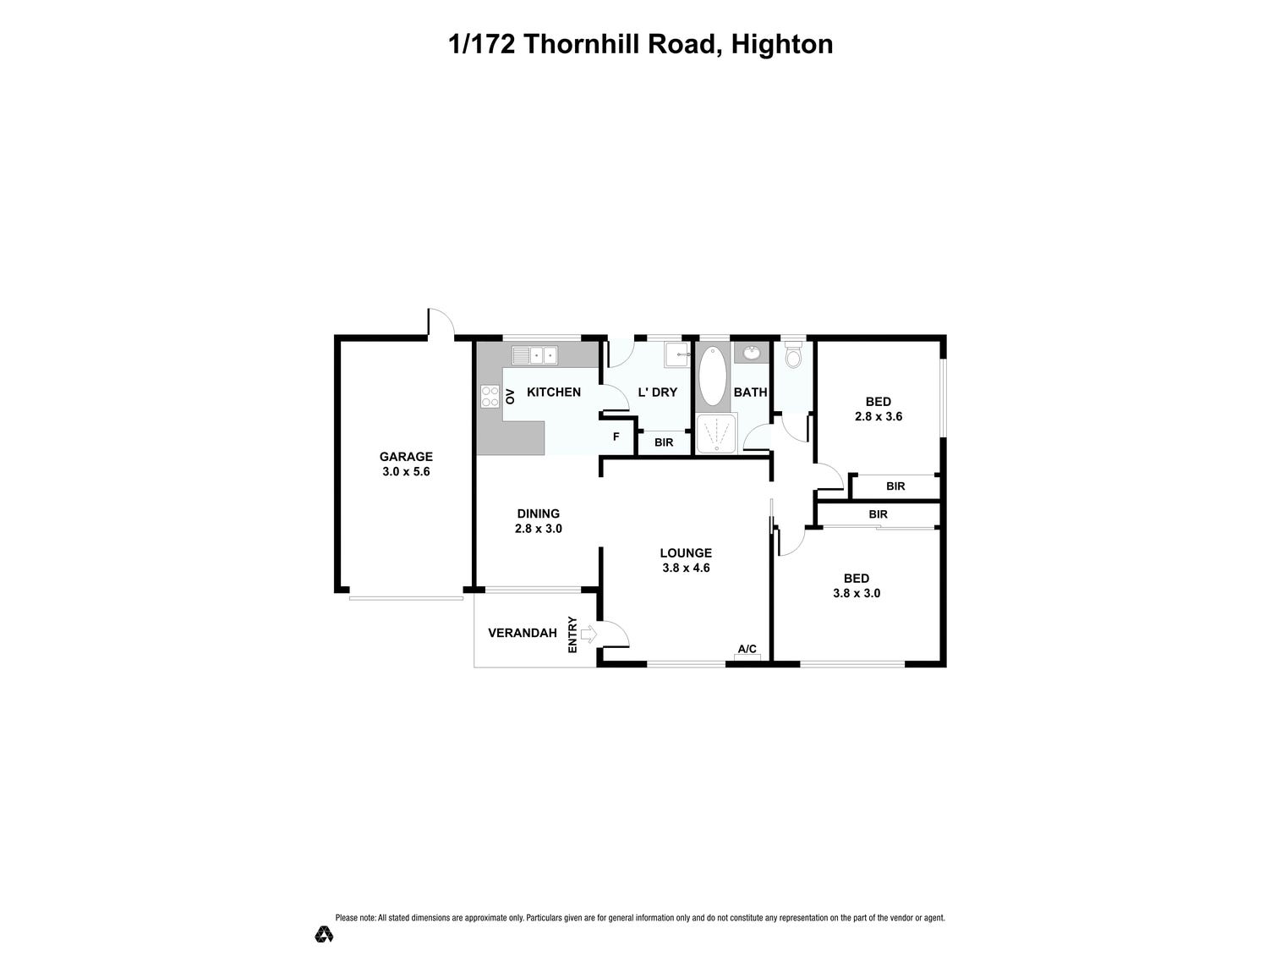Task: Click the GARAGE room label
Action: pos(406,457)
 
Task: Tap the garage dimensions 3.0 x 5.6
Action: pos(406,472)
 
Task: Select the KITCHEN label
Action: pos(554,393)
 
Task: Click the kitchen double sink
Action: pos(534,355)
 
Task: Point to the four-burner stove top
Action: pos(490,396)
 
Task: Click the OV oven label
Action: pos(510,396)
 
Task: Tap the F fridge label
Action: pos(616,437)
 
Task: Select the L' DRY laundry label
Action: pos(657,393)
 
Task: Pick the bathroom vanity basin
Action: pos(751,353)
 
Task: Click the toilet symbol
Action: pos(792,355)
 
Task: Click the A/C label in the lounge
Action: pos(747,650)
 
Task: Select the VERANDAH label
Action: pos(523,633)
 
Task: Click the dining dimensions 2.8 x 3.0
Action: pos(539,529)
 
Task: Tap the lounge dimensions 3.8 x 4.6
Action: pos(686,568)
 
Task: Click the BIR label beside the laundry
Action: pos(664,442)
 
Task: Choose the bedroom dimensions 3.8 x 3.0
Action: pos(857,594)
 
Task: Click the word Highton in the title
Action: pos(782,44)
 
